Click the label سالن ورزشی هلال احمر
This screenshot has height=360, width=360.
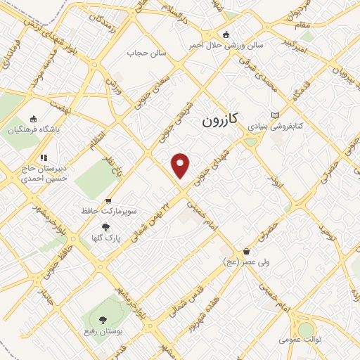tap(226, 45)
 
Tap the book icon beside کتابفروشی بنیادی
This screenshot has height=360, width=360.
tap(275, 116)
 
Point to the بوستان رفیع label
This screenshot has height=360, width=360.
tap(100, 330)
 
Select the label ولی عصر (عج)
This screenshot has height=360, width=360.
tap(244, 262)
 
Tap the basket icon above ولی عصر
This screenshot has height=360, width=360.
tap(246, 251)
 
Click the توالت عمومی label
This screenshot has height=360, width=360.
tap(300, 340)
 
